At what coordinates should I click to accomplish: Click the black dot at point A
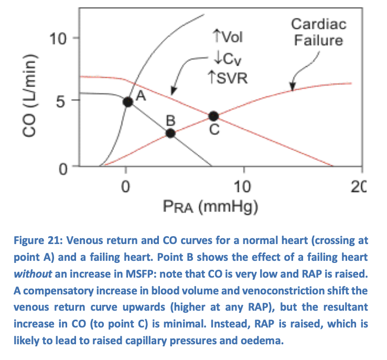127,102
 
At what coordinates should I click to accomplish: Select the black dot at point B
170,133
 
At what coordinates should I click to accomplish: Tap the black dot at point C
213,116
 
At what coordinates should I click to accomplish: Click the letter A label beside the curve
140,95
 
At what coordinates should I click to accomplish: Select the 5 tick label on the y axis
60,100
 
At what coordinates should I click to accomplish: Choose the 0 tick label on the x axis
125,186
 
